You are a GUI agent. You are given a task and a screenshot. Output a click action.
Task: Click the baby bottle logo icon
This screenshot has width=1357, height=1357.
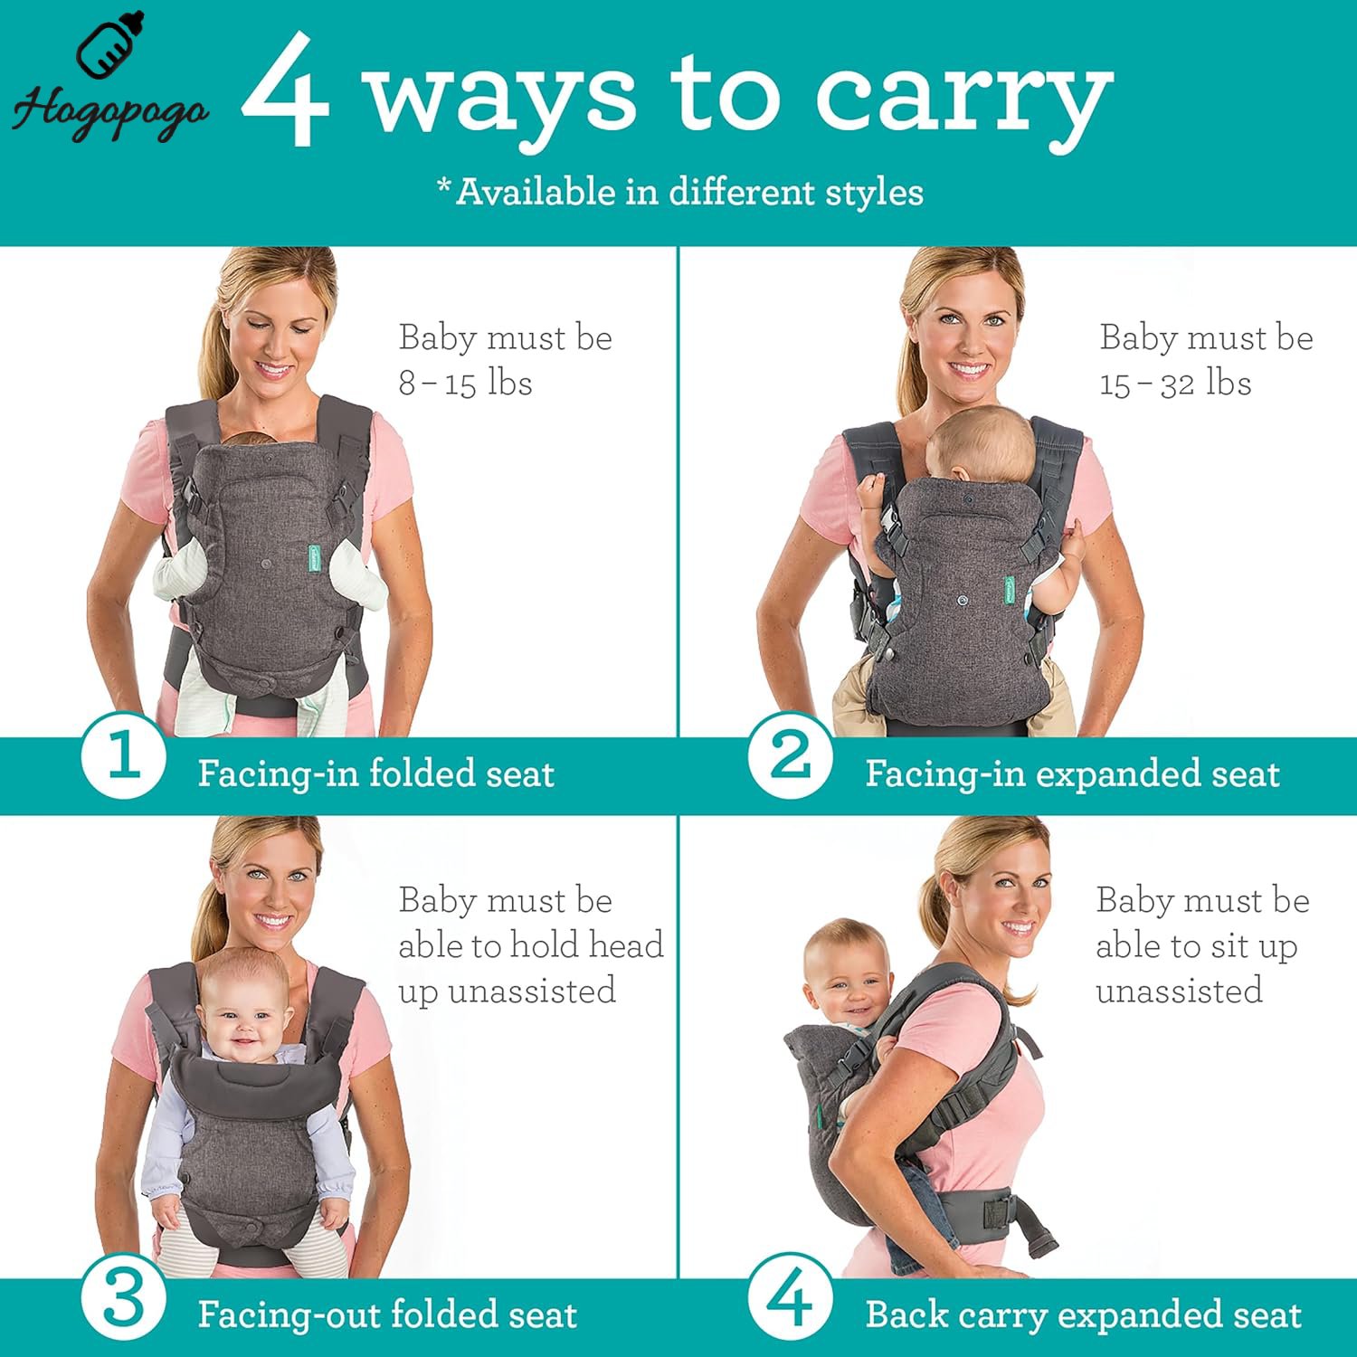110,45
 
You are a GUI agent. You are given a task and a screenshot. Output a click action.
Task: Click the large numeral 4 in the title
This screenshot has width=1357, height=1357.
285,90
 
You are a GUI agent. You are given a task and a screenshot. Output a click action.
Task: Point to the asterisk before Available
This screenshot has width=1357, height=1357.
444,184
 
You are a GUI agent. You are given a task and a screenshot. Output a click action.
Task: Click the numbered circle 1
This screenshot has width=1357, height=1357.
123,756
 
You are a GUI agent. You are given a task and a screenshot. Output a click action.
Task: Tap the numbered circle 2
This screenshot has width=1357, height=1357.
791,756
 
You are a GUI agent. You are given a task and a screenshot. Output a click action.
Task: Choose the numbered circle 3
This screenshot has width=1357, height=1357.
123,1299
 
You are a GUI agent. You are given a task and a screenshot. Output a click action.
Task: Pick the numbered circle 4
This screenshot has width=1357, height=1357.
791,1299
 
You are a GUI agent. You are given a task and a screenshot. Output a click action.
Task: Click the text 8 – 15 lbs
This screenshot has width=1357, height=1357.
465,383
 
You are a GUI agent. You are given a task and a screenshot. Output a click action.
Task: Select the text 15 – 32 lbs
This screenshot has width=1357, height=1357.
1175,383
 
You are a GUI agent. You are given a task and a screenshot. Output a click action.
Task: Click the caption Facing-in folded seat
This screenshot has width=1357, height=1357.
376,773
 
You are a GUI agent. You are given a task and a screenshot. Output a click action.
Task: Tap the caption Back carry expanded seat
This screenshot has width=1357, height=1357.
1084,1314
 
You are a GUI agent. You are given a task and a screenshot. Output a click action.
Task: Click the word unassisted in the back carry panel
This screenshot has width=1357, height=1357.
1179,991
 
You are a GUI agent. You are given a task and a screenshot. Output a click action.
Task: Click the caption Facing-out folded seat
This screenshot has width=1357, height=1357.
387,1314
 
